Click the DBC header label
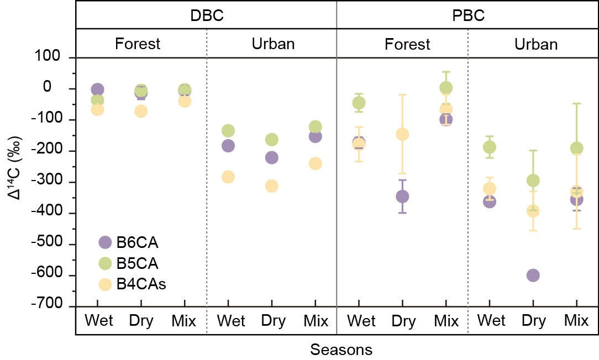click(207, 15)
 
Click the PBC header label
click(469, 15)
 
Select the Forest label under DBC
click(138, 44)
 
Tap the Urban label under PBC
click(536, 44)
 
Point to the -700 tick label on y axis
click(46, 303)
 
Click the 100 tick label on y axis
click(48, 56)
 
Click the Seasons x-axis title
click(341, 350)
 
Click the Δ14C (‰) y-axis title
click(15, 168)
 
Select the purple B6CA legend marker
click(105, 242)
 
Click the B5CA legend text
click(137, 263)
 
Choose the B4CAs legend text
click(141, 284)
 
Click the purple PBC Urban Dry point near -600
click(533, 276)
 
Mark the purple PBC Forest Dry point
click(402, 197)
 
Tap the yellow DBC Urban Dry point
click(272, 186)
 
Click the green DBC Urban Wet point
click(228, 130)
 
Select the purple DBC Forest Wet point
click(97, 89)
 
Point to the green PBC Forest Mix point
click(446, 88)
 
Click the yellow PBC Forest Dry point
click(402, 134)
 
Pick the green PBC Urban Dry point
click(533, 180)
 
